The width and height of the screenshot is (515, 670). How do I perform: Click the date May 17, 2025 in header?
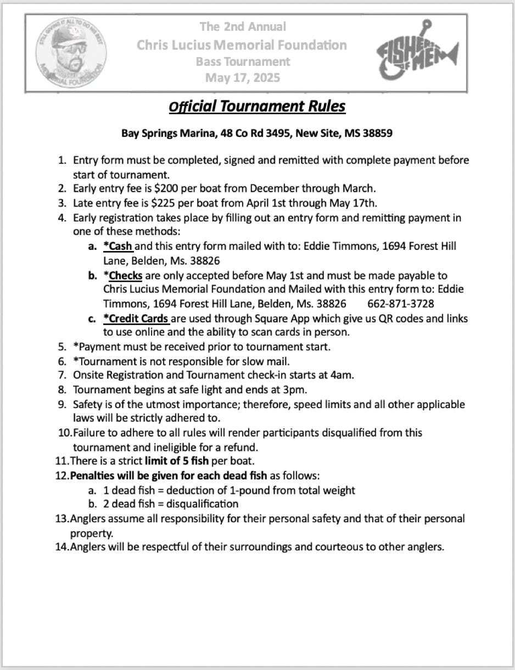point(242,77)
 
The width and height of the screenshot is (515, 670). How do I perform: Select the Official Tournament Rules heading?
point(257,105)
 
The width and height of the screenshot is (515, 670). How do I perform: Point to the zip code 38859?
point(377,133)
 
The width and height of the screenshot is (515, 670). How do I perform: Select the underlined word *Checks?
point(123,275)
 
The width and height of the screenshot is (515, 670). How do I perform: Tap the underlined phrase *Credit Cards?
point(136,319)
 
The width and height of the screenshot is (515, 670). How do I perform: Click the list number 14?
point(61,547)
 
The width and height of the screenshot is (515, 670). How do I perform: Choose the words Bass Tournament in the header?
point(243,62)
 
